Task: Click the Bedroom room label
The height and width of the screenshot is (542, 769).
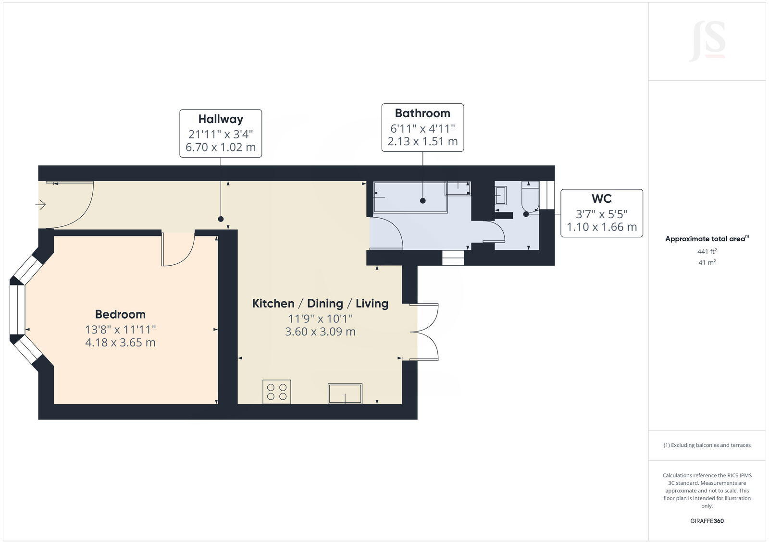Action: coord(120,314)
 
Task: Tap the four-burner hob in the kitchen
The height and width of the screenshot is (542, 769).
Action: coord(277,392)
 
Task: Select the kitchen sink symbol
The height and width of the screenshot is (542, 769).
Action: coord(345,393)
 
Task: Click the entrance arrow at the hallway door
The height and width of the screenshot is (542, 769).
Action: coord(40,205)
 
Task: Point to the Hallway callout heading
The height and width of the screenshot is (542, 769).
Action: coord(221,119)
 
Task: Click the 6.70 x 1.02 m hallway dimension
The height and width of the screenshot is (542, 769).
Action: coord(221,147)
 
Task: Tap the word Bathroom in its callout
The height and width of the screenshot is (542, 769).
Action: coord(422,113)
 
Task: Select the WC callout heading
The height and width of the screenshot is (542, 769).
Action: coord(601,198)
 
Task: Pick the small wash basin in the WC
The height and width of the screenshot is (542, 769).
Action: coord(500,196)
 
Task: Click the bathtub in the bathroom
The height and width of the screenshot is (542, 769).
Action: coord(410,197)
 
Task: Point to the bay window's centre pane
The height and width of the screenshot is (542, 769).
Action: coord(17,310)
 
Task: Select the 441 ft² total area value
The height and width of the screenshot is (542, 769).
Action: coord(707,251)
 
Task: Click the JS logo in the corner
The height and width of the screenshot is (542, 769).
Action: coord(707,42)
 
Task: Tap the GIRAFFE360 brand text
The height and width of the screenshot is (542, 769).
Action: coord(707,521)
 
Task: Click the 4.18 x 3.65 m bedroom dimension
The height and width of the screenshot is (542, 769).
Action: coord(120,343)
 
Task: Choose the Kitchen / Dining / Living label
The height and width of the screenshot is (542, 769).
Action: coord(320,304)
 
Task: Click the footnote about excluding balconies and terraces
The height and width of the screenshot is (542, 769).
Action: coord(707,445)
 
